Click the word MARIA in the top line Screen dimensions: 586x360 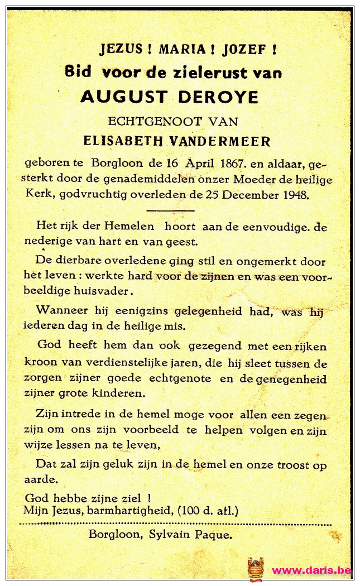[x=183, y=49]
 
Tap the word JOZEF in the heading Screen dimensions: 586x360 [x=244, y=49]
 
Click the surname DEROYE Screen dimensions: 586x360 [x=218, y=97]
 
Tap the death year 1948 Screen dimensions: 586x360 [x=294, y=195]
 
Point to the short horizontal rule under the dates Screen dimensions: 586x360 [x=170, y=210]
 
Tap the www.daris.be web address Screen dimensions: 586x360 [x=311, y=570]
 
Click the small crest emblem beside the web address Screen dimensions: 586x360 [x=255, y=569]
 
